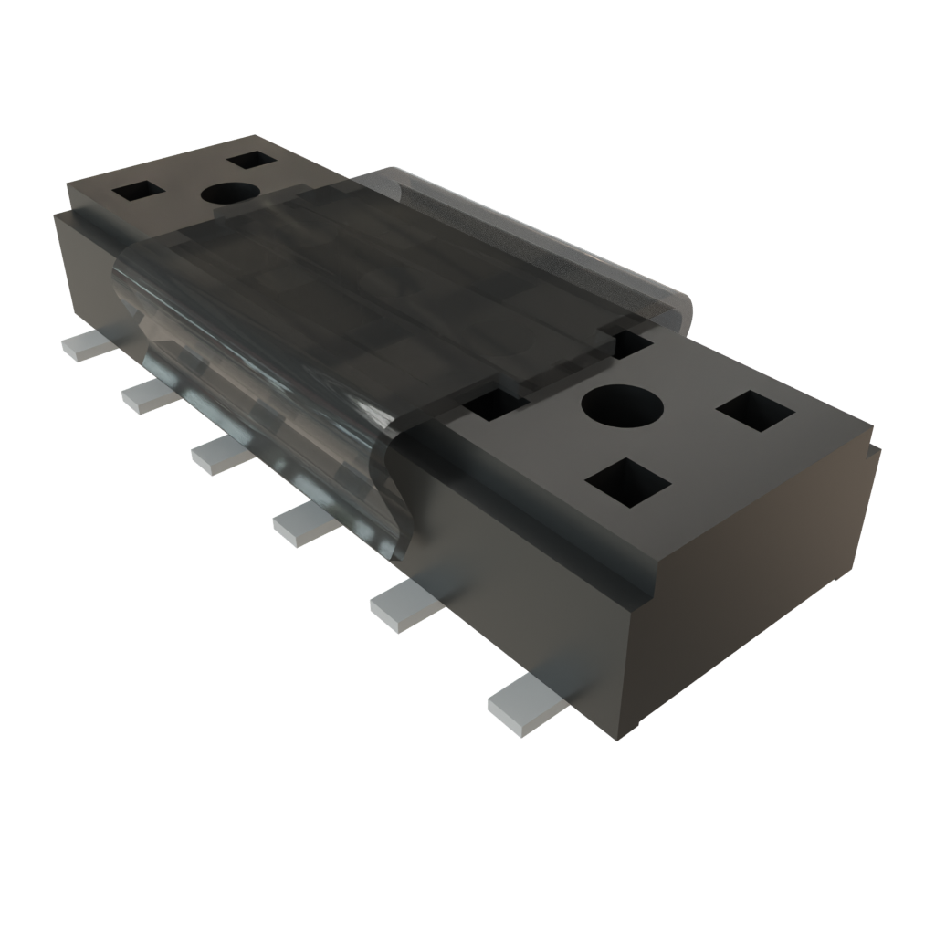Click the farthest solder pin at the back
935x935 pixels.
[84, 346]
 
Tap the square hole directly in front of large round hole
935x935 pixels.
[628, 481]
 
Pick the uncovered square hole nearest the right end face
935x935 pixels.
[755, 411]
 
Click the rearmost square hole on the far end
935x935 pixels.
[252, 161]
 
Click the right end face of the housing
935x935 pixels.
[758, 584]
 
